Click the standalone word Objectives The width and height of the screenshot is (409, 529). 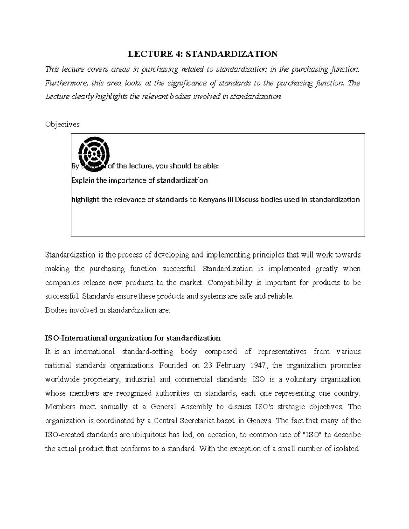tap(62, 124)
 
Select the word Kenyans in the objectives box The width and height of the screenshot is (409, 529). tap(212, 200)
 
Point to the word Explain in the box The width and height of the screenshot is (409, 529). tap(83, 181)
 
